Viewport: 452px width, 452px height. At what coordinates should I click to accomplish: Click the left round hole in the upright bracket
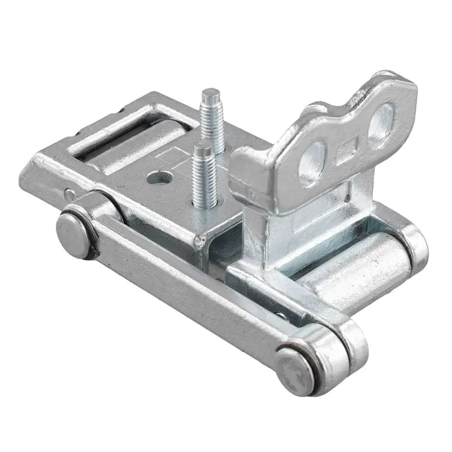tap(312, 163)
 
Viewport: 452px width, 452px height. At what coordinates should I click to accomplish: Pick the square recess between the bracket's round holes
tap(346, 153)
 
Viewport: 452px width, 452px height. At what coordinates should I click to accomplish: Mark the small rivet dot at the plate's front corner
tap(197, 242)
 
